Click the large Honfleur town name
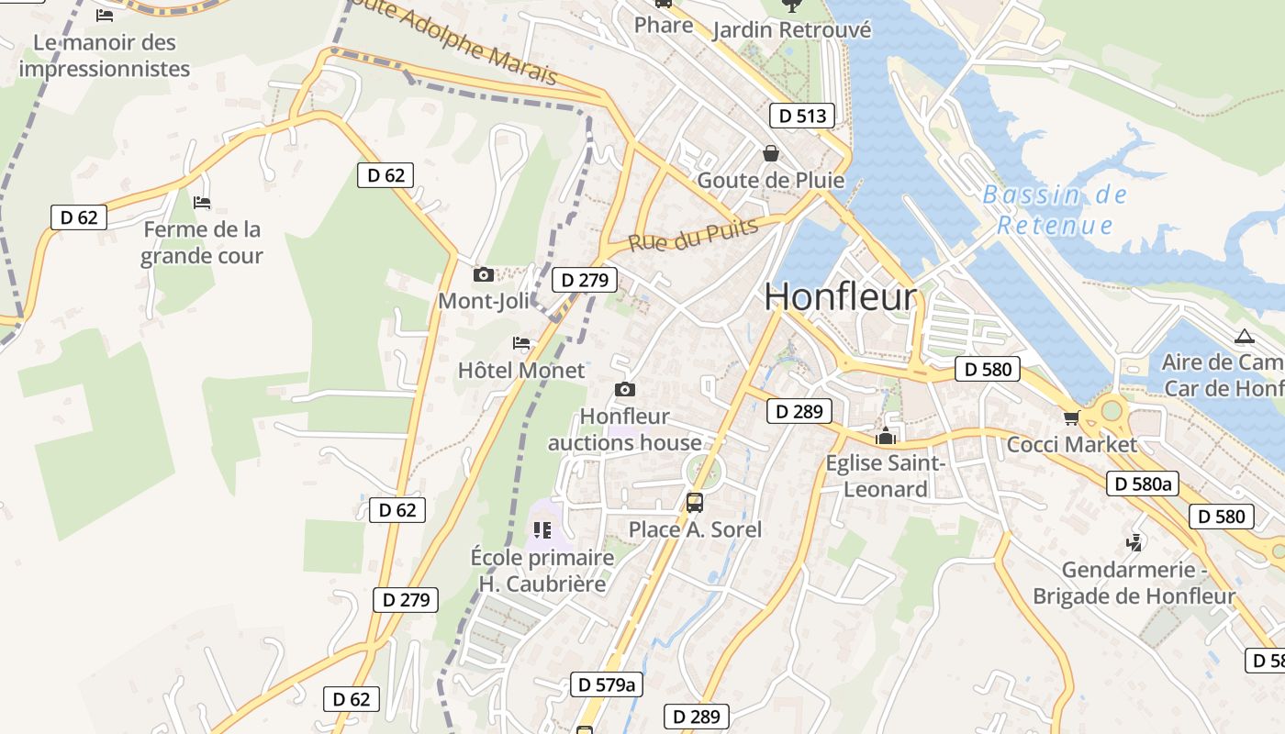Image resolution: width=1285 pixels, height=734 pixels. pos(840,296)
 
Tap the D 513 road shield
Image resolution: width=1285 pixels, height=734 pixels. pos(802,116)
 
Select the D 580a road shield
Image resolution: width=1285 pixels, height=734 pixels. pos(1141,484)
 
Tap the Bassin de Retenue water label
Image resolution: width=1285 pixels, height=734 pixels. pos(1055,209)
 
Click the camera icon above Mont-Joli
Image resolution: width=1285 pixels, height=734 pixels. pos(483,274)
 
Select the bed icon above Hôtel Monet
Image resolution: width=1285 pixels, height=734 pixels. pos(521,343)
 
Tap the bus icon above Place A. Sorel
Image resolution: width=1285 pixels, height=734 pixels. pos(695,503)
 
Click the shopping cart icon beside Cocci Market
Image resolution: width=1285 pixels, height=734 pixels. pos(1070,418)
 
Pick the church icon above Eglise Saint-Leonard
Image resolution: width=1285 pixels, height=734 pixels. pos(886,435)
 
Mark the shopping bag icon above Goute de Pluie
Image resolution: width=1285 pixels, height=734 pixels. pos(770,152)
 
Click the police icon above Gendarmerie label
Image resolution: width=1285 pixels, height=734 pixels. pos(1134,542)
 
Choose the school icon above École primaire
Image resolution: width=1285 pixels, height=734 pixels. pos(542,529)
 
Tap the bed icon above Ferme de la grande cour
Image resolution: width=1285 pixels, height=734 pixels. pos(202,202)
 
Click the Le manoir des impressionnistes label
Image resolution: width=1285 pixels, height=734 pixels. pos(104,55)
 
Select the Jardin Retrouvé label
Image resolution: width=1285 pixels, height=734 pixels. pos(791,30)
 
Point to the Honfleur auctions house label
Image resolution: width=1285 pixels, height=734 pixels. pos(625,429)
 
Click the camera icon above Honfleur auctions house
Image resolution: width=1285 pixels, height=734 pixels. pos(625,390)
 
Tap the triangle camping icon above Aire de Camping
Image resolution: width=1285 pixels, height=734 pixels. pos(1244,336)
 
